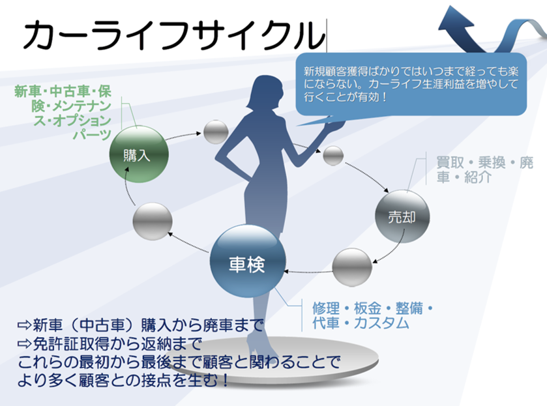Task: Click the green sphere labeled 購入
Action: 140,154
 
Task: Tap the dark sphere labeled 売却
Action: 403,217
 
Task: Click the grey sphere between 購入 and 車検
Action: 152,222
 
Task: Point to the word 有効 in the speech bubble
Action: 374,98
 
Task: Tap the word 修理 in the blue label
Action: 324,307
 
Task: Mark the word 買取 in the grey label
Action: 449,163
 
